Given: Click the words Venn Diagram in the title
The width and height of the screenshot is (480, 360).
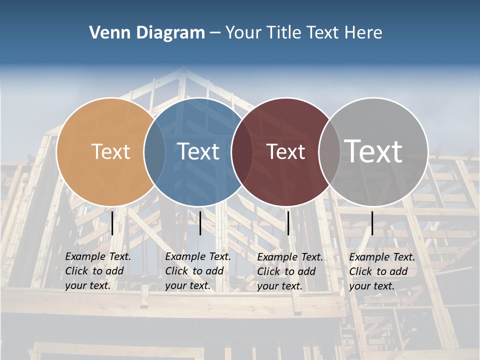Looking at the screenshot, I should click(147, 32).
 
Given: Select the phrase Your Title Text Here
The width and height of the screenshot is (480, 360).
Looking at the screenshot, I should click(303, 32).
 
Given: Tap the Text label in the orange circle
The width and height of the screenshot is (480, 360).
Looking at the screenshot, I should click(110, 151).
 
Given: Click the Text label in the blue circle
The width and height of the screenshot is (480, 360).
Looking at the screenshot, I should click(198, 151).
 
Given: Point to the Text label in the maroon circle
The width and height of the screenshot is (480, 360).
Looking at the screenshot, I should click(286, 151).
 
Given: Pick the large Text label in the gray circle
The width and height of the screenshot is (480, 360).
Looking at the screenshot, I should click(373, 151).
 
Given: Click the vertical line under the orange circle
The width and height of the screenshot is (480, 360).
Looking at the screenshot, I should click(112, 223).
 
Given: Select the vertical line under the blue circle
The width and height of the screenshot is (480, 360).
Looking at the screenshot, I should click(200, 223).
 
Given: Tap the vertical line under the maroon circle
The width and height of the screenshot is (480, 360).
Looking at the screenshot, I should click(288, 223).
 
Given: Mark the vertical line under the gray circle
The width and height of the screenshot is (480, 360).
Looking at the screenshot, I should click(372, 223).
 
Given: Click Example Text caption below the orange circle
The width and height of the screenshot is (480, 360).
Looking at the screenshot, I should click(98, 256).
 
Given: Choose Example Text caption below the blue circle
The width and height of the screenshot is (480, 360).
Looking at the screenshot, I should click(198, 256).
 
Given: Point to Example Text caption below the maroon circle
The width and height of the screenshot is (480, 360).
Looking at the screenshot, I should click(290, 257).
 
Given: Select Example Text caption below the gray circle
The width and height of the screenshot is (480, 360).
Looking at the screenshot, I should click(382, 257).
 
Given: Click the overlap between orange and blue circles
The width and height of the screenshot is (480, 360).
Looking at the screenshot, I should click(154, 151).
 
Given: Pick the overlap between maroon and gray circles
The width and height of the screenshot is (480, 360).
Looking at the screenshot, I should click(329, 151).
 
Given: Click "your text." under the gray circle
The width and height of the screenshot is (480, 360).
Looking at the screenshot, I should click(371, 286).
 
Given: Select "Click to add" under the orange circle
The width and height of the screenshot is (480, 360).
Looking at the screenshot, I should click(94, 271).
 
